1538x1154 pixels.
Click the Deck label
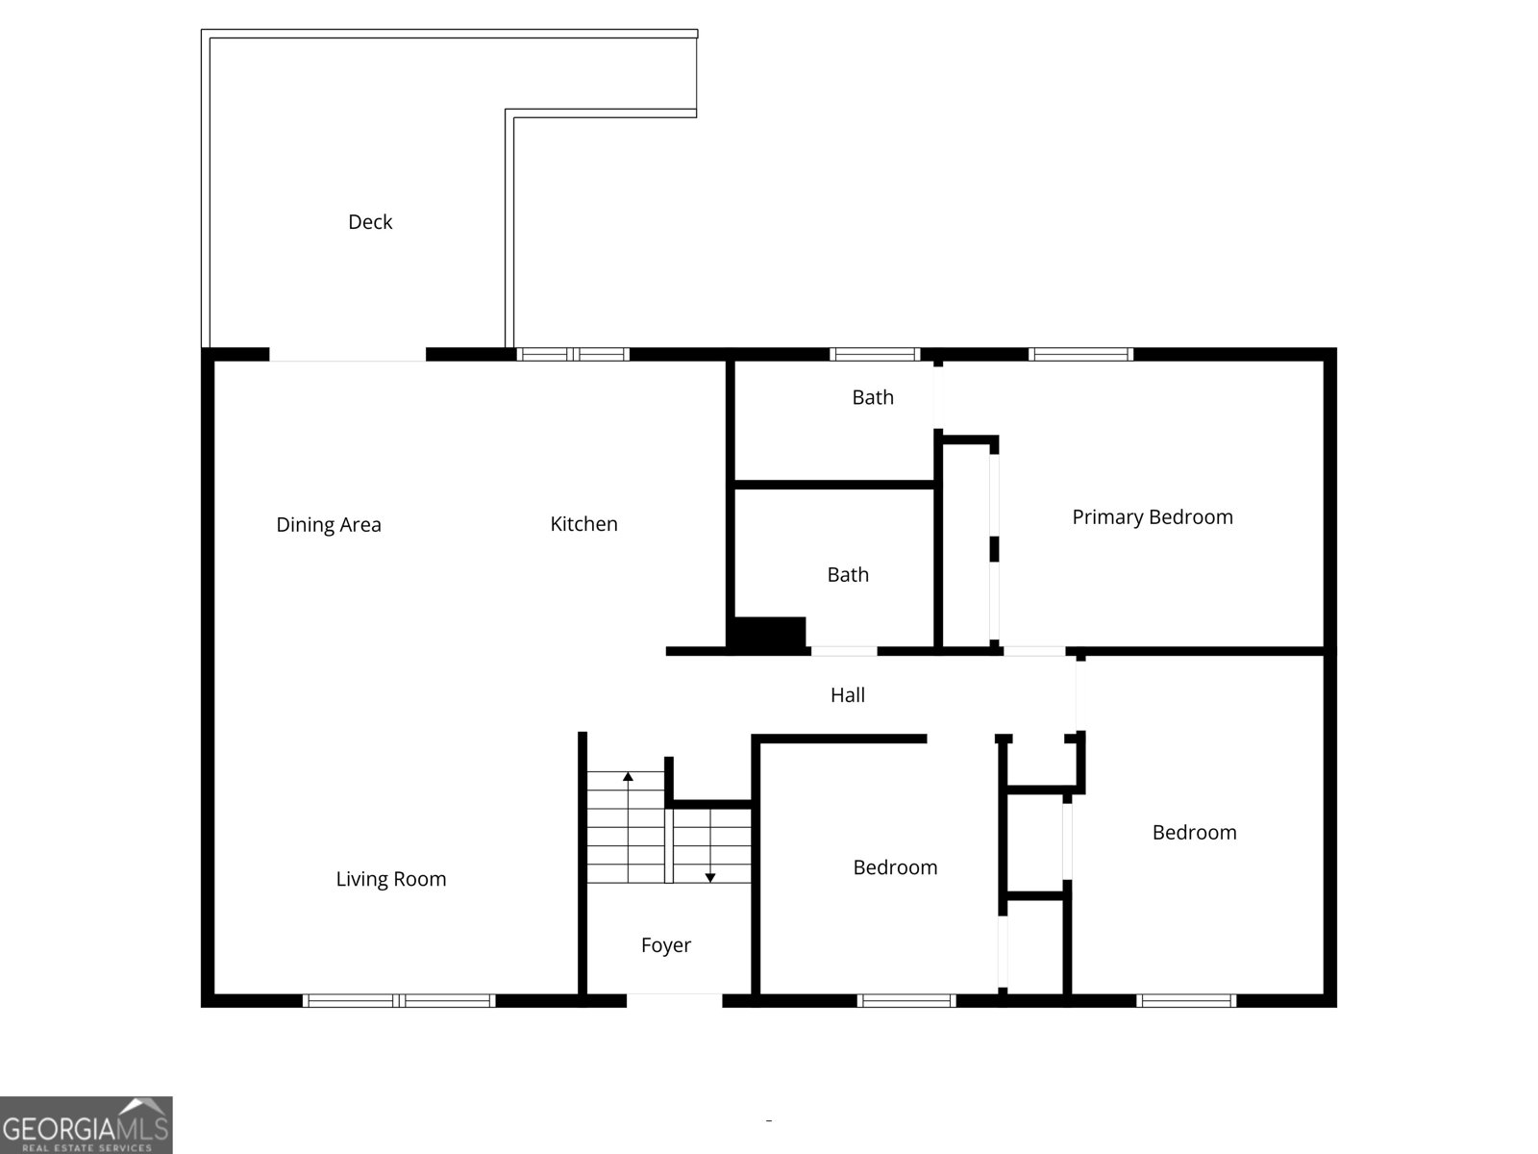pos(370,222)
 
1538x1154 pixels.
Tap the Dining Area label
pos(329,525)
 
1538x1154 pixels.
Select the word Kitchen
pos(583,524)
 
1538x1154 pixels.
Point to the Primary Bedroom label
pos(1153,517)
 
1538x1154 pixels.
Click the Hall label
pos(848,695)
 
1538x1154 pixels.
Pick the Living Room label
pos(391,879)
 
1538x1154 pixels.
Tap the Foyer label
pos(666,945)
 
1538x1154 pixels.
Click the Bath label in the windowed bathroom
pos(873,397)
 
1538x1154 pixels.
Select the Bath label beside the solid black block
pos(848,575)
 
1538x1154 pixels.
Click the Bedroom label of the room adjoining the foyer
pos(895,867)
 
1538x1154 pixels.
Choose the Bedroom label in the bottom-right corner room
pos(1194,833)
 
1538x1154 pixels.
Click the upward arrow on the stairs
pos(628,775)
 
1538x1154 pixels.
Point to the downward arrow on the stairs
pos(710,876)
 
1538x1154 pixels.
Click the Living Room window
pos(399,1001)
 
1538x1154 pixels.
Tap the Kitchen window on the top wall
pos(573,355)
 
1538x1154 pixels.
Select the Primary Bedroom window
pos(1080,355)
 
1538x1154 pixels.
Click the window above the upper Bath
pos(875,355)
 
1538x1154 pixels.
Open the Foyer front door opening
pos(674,1000)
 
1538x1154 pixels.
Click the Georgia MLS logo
pos(86,1125)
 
